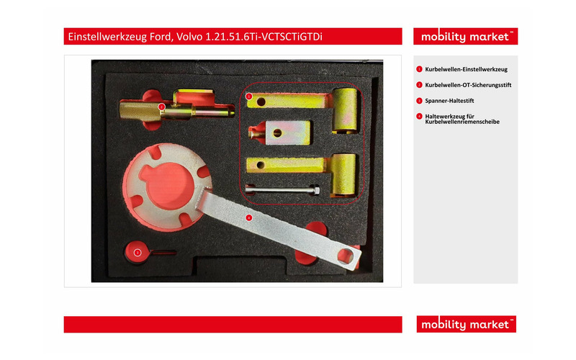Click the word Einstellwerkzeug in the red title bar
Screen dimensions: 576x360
tap(107, 37)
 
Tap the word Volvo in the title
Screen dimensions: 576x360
tap(189, 37)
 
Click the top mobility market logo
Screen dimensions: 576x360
tap(465, 37)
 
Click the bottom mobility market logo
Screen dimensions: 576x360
tap(466, 324)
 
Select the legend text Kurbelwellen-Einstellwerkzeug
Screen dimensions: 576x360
tap(466, 69)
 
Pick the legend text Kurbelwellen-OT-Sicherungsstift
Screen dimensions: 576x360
tap(468, 85)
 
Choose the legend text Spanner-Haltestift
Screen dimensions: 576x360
tap(449, 101)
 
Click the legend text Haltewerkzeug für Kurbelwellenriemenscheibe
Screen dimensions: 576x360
tap(462, 119)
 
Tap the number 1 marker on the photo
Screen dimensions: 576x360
tap(249, 96)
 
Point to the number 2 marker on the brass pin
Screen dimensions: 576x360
tap(161, 107)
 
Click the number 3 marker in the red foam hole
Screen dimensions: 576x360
tap(138, 253)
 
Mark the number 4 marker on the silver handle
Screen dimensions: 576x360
tap(249, 218)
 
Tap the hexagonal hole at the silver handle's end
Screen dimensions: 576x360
tap(346, 256)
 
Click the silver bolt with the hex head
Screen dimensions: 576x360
tap(283, 190)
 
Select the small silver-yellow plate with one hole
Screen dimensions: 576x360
tap(287, 132)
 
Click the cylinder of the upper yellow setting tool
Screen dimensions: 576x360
tap(345, 110)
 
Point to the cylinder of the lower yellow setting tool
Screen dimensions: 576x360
tap(344, 174)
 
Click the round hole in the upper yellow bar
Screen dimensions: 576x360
tap(261, 102)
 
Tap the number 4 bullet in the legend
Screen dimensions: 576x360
tap(419, 117)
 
